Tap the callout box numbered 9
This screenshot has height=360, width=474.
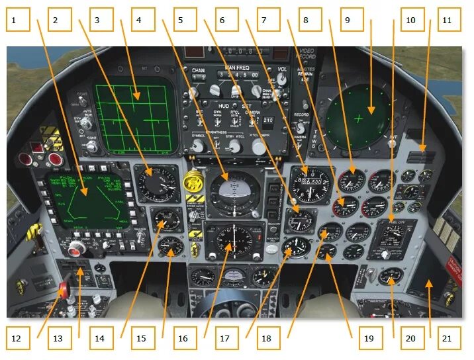tap(348, 20)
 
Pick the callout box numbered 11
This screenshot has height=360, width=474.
tap(447, 20)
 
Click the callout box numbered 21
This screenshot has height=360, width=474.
tap(447, 338)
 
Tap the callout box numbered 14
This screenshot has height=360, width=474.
tap(99, 338)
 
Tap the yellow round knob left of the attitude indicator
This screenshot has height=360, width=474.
tap(193, 179)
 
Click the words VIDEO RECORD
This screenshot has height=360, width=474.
tap(307, 54)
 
